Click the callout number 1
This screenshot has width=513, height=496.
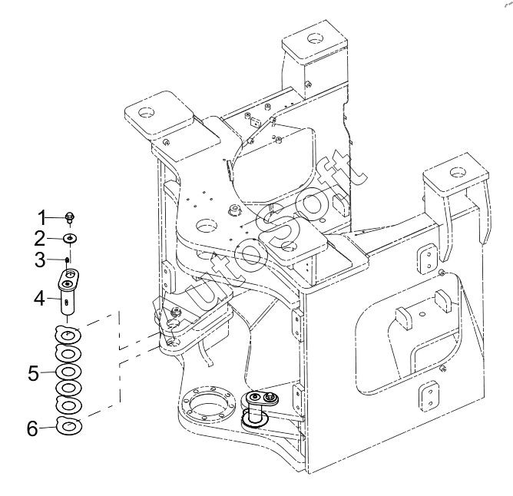42,217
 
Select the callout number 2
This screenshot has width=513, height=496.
40,239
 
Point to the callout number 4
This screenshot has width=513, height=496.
40,299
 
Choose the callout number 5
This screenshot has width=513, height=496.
33,372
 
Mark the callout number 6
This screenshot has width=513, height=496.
32,428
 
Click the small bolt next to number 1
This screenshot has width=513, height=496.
69,217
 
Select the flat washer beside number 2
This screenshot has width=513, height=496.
70,239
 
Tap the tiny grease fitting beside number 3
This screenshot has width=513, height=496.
68,260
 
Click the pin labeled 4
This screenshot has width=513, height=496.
68,291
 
